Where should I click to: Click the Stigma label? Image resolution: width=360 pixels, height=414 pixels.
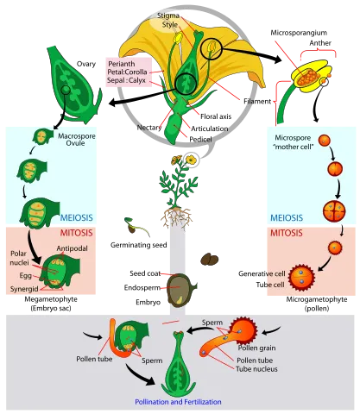(168, 16)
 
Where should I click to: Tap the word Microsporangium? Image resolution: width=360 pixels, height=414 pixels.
(299, 33)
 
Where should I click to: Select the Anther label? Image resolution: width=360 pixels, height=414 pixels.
(320, 43)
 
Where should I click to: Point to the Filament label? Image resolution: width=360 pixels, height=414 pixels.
(257, 101)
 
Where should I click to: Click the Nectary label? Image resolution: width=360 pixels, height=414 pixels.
(149, 128)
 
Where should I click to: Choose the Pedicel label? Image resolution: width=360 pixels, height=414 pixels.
(200, 140)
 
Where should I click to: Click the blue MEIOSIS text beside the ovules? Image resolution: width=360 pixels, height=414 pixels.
(77, 217)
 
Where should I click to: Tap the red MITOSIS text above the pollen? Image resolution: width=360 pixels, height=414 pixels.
(287, 233)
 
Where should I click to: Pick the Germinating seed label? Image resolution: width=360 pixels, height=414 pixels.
(139, 245)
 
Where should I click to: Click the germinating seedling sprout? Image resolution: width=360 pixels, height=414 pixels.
(136, 226)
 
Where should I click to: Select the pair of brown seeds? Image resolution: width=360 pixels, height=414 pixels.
(210, 259)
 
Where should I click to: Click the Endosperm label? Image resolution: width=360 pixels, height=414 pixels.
(142, 287)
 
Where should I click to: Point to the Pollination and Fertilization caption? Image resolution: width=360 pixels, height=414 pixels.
(178, 402)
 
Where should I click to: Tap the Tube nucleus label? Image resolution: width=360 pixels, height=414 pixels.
(256, 369)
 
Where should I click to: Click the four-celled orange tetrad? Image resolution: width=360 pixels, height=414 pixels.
(334, 211)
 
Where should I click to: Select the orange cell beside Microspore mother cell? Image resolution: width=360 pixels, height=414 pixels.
(325, 141)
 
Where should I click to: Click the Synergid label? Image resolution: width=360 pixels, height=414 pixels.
(24, 289)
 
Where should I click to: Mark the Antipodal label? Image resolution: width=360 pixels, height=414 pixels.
(72, 248)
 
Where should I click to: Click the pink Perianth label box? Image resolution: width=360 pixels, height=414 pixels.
(129, 72)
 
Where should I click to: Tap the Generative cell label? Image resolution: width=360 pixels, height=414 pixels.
(262, 273)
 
